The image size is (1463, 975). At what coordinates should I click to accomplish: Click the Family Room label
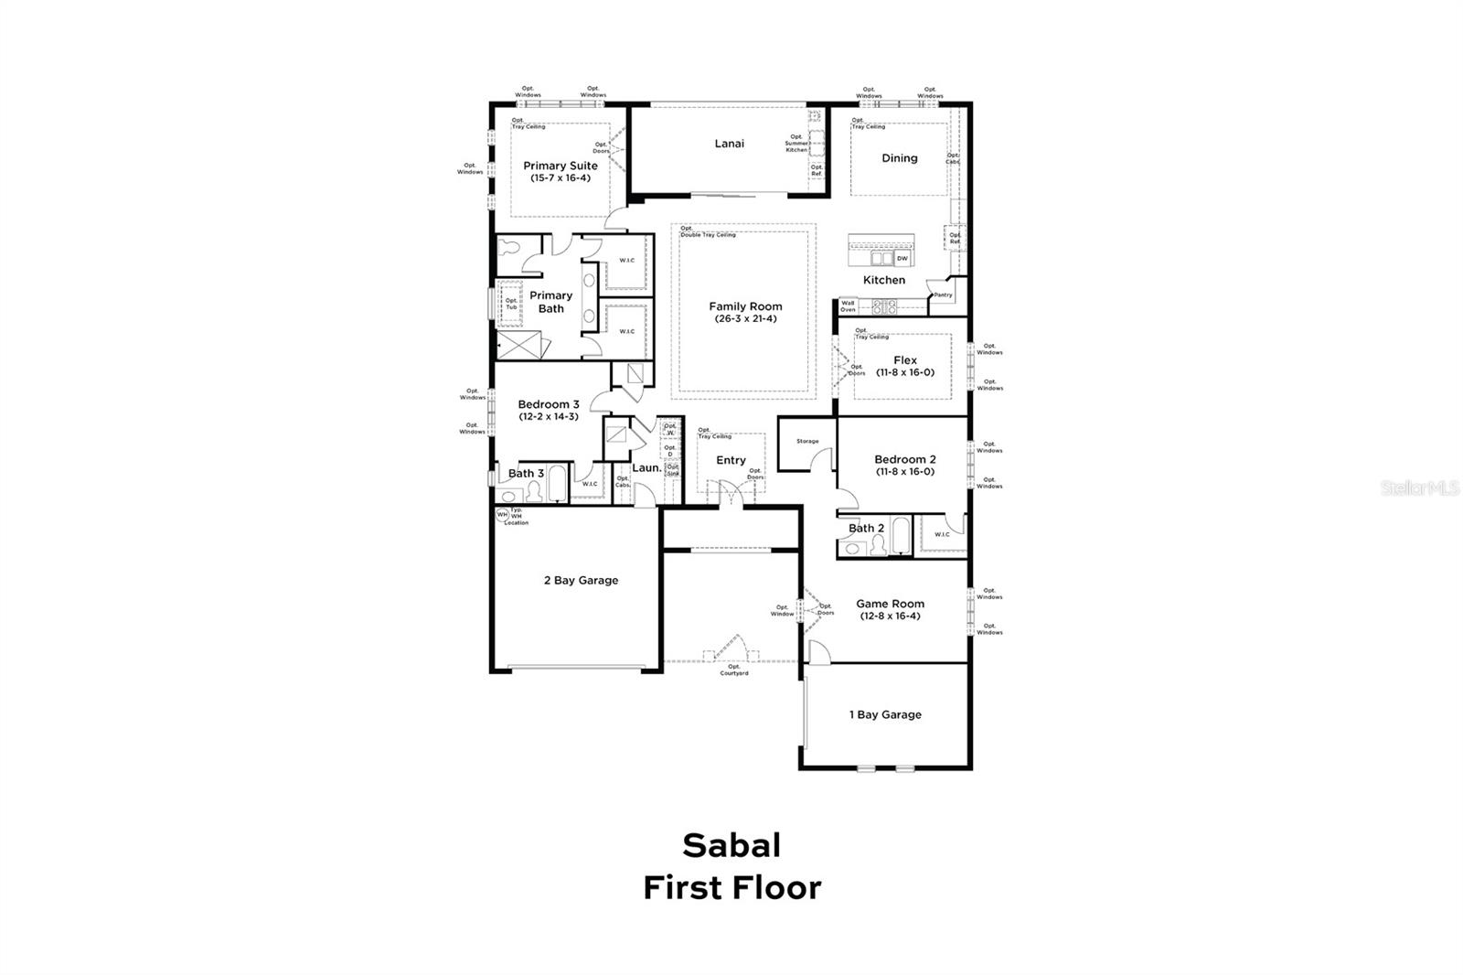click(745, 306)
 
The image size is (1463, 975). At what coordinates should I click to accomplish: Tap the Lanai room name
click(729, 144)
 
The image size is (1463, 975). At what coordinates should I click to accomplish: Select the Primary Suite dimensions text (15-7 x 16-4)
click(561, 178)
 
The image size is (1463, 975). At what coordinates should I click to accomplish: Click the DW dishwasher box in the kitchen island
click(902, 259)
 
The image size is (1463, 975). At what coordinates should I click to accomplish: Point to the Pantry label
click(943, 295)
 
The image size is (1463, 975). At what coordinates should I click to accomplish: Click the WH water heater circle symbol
click(502, 515)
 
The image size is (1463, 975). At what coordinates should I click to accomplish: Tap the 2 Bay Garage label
click(581, 580)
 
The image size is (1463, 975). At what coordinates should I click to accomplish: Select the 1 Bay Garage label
click(884, 714)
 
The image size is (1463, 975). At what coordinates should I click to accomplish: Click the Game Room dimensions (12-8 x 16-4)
click(890, 616)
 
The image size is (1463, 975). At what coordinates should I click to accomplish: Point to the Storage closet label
click(807, 442)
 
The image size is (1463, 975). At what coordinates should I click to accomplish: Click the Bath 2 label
click(866, 528)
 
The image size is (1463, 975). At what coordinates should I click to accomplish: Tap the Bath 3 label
click(526, 473)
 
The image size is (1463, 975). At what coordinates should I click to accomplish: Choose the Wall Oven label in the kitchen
click(848, 306)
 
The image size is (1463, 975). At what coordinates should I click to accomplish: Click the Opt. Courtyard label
click(734, 670)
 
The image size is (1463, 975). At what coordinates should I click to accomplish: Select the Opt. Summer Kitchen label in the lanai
click(796, 144)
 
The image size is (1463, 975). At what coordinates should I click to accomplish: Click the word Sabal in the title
click(731, 845)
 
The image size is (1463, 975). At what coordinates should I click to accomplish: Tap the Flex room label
click(904, 360)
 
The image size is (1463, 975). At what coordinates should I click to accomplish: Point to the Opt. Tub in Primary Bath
click(511, 304)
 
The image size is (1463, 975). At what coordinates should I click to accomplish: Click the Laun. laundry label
click(646, 467)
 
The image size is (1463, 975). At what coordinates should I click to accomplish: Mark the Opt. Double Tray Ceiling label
click(707, 231)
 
